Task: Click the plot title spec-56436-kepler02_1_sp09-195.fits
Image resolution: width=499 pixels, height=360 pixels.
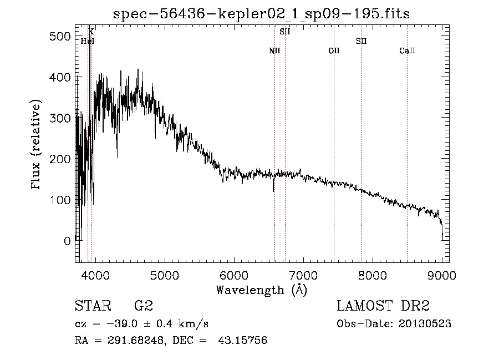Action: pyautogui.click(x=261, y=14)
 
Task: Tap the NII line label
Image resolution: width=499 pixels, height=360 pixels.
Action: pyautogui.click(x=274, y=50)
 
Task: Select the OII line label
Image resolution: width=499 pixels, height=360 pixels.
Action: pyautogui.click(x=334, y=50)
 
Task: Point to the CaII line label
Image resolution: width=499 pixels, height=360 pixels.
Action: pyautogui.click(x=408, y=50)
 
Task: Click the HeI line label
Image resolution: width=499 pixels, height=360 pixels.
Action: pyautogui.click(x=88, y=41)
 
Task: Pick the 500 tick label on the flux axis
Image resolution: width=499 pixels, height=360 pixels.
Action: pyautogui.click(x=60, y=36)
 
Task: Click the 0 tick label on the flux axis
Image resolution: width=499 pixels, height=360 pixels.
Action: pyautogui.click(x=67, y=241)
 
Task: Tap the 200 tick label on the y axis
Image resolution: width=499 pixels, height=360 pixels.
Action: pyautogui.click(x=60, y=159)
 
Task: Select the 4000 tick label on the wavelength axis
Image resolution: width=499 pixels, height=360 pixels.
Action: pyautogui.click(x=95, y=275)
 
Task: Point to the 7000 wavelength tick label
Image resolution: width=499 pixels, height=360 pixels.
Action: pyautogui.click(x=303, y=275)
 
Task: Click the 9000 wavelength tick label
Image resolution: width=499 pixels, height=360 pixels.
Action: pyautogui.click(x=442, y=275)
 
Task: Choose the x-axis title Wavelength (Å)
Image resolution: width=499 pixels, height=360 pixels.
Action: pyautogui.click(x=261, y=290)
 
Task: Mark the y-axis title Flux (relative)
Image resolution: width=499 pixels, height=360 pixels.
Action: pyautogui.click(x=35, y=145)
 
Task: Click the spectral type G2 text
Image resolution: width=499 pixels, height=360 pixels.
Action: pyautogui.click(x=144, y=306)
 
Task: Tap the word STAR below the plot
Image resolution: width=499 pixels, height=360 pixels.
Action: pyautogui.click(x=93, y=306)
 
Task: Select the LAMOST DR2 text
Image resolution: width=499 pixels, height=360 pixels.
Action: pyautogui.click(x=383, y=306)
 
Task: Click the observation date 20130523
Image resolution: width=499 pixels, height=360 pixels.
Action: pyautogui.click(x=425, y=324)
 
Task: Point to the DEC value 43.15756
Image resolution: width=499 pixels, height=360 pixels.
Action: pyautogui.click(x=242, y=340)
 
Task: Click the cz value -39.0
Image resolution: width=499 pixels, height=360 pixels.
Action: pyautogui.click(x=122, y=324)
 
